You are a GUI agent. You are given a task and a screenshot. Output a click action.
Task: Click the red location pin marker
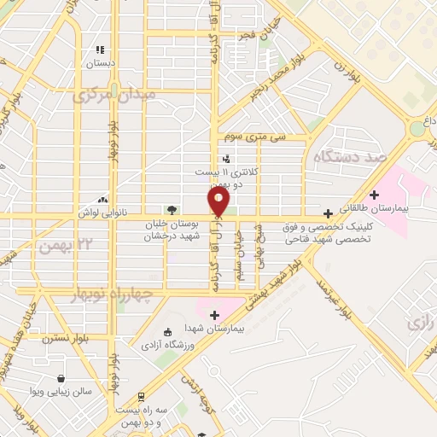tap(218, 201)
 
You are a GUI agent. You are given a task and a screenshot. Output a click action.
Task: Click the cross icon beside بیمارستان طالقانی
tap(374, 195)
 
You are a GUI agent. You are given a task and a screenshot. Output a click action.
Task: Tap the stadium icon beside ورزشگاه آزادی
tap(166, 331)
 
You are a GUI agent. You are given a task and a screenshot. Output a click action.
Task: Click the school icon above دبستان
tap(100, 50)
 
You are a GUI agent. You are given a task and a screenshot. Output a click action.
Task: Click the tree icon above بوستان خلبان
tap(173, 210)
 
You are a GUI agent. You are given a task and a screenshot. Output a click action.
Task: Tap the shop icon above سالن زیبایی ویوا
tap(61, 378)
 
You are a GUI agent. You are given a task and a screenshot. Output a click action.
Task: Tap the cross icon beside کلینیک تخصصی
tap(329, 213)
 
